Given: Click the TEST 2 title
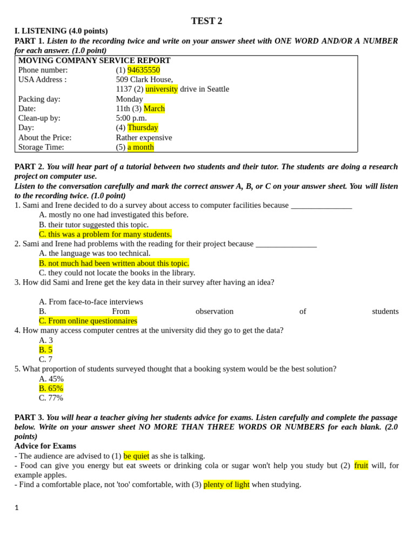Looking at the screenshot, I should [206, 21].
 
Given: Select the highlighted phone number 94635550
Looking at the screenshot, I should [144, 70].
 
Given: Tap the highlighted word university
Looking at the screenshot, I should [162, 89].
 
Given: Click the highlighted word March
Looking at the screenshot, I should [154, 109].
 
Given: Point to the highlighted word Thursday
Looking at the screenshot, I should [143, 128].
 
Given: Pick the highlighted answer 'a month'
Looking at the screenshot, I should [140, 147].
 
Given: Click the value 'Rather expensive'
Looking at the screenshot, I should [144, 138].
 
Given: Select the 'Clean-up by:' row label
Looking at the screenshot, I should [39, 118].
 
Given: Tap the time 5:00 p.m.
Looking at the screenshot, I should [131, 118].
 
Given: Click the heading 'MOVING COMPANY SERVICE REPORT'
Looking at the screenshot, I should [95, 60].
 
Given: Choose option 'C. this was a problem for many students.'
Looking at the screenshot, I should [105, 234].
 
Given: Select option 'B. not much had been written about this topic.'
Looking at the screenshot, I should [113, 264].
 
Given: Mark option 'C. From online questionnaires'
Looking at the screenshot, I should [88, 321].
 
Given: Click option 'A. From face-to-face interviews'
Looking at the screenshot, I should [91, 302].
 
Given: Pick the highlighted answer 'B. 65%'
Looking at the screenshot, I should [51, 389].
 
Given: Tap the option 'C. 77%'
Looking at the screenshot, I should [51, 398].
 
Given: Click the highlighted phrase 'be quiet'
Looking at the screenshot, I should [136, 456].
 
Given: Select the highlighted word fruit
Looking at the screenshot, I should [361, 466].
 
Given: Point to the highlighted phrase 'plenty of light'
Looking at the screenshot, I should [226, 485].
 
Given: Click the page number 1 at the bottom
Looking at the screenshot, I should [17, 508].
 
